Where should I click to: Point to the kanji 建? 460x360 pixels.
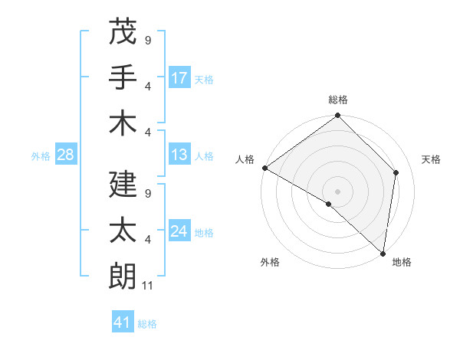coord(123,183)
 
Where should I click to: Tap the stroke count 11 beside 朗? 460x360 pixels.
coord(148,286)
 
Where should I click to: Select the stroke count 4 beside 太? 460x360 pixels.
coord(147,240)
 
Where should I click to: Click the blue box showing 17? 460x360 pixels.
coord(179,78)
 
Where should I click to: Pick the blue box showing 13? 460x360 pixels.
coord(179,155)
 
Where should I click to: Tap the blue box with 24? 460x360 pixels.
coord(179,232)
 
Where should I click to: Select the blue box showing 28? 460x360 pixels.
coord(65,155)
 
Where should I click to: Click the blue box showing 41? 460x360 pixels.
coord(123,323)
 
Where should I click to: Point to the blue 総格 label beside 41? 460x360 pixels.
coord(147,324)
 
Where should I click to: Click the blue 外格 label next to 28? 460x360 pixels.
coord(41,156)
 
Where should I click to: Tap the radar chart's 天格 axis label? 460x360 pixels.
coord(431,159)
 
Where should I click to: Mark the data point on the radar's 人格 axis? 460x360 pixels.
coord(264,168)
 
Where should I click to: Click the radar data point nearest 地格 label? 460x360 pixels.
coord(383,254)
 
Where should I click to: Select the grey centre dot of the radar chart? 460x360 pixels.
coord(337,191)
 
